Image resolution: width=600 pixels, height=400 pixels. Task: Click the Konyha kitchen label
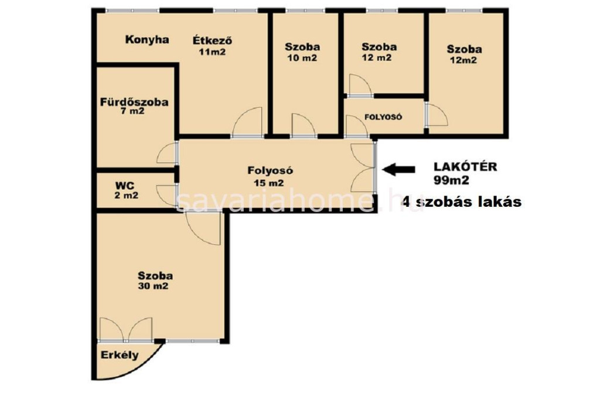point(147,40)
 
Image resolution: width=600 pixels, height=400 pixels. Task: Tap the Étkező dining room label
point(212,40)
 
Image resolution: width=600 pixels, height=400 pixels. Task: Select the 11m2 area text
point(212,52)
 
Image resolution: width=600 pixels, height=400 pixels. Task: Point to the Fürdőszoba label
point(134,102)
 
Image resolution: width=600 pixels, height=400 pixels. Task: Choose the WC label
point(125,186)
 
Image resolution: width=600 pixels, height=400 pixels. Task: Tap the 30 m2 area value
point(153,286)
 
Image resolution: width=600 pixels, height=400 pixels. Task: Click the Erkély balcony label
point(120,355)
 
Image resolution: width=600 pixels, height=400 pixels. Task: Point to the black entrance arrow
point(398,169)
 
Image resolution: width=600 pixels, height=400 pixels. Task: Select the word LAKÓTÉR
point(465,167)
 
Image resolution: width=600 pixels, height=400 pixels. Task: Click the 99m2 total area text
point(451,180)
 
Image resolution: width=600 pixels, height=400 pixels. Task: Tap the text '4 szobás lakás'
point(462,201)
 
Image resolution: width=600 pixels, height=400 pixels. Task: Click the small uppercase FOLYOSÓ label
point(383,117)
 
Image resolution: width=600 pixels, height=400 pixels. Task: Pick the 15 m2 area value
point(268,183)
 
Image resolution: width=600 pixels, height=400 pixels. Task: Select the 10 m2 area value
point(302,58)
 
